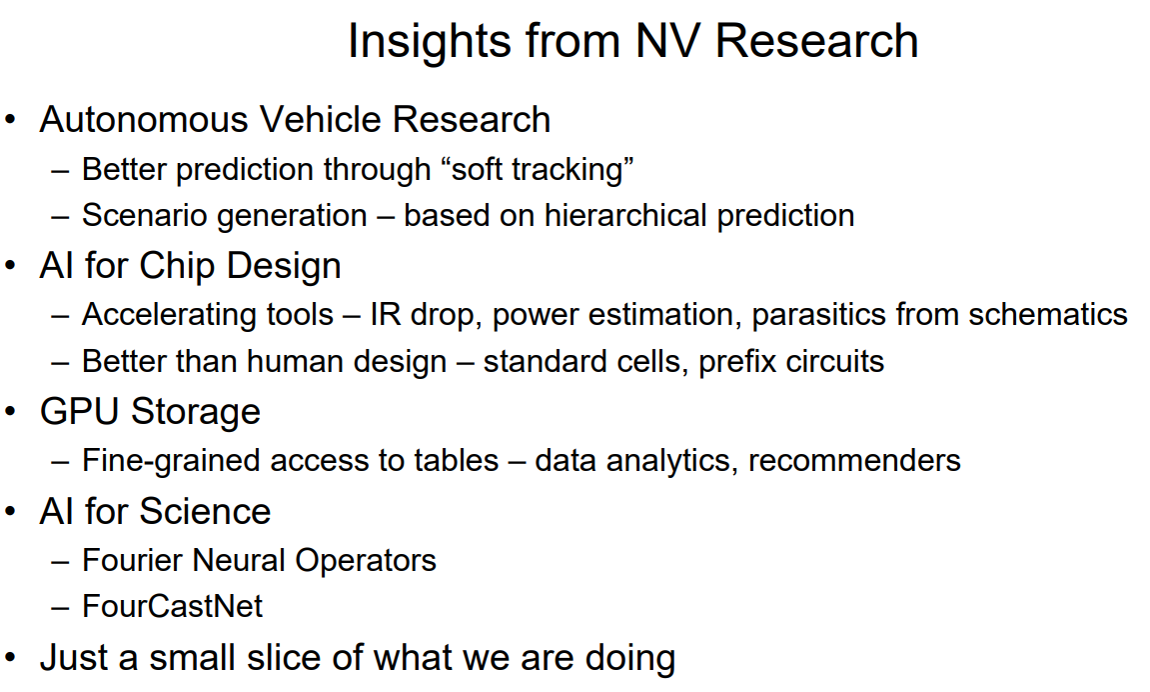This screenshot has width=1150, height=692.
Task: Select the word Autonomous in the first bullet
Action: [144, 120]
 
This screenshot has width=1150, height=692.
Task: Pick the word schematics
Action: [1047, 315]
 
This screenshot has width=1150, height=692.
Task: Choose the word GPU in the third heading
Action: [79, 412]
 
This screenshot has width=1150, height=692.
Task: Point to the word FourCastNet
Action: [173, 607]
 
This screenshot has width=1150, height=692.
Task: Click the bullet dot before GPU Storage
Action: [10, 412]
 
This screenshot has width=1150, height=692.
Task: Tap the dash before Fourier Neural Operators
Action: [60, 563]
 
